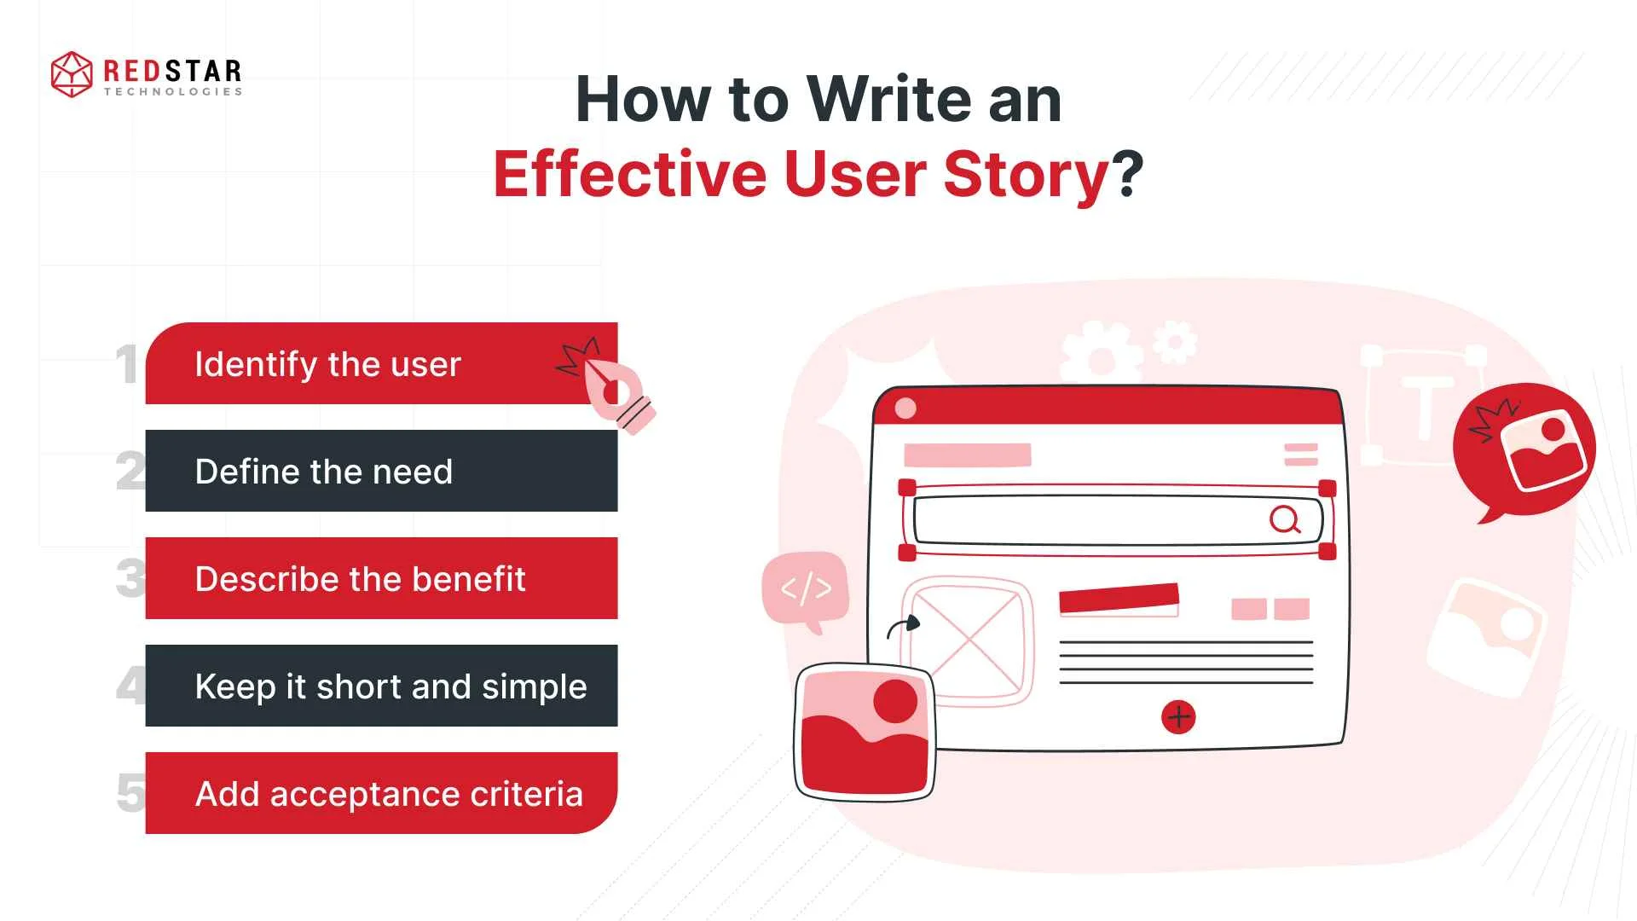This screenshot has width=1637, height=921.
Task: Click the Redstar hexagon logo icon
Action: (x=72, y=74)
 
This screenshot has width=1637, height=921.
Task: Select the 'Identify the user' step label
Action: (x=327, y=364)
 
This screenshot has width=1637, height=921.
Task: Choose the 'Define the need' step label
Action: (x=323, y=472)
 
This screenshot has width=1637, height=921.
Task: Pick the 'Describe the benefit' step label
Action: (x=360, y=579)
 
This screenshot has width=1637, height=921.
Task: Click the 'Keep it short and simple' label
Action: (x=390, y=686)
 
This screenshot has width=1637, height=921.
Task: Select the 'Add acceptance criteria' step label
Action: (x=389, y=794)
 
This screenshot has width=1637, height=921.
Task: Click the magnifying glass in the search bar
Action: (x=1285, y=518)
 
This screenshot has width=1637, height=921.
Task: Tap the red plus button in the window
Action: (x=1178, y=717)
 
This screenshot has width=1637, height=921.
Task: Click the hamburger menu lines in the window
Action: (x=1301, y=455)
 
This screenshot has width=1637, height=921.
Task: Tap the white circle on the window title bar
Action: (x=905, y=408)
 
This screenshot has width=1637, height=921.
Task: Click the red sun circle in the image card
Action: (x=895, y=701)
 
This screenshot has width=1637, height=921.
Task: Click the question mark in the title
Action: (x=1126, y=174)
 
